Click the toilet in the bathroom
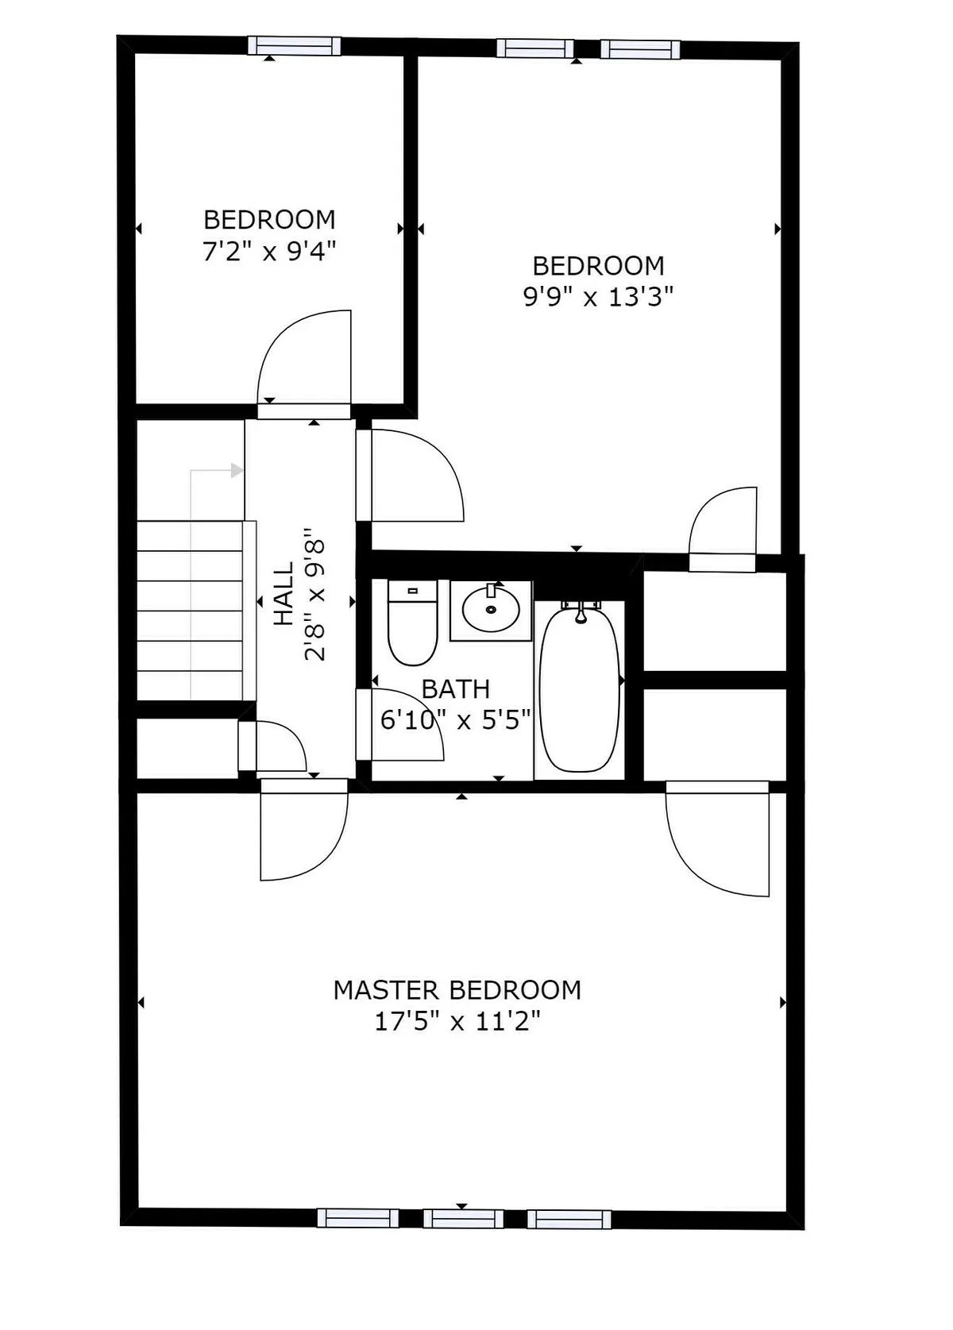click(x=412, y=624)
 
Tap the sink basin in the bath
click(x=491, y=610)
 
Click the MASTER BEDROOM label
click(x=457, y=990)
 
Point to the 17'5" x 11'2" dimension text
click(x=457, y=1021)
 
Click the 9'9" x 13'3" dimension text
click(x=598, y=297)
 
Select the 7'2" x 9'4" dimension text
click(x=269, y=252)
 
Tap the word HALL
click(x=284, y=594)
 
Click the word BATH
click(x=455, y=689)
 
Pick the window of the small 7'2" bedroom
click(x=294, y=46)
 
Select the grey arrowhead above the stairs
click(x=237, y=471)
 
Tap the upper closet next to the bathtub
click(x=713, y=621)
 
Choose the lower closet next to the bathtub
click(x=713, y=734)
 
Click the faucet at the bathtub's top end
click(x=581, y=611)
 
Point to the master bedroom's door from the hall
click(x=303, y=834)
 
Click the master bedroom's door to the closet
click(x=719, y=842)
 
